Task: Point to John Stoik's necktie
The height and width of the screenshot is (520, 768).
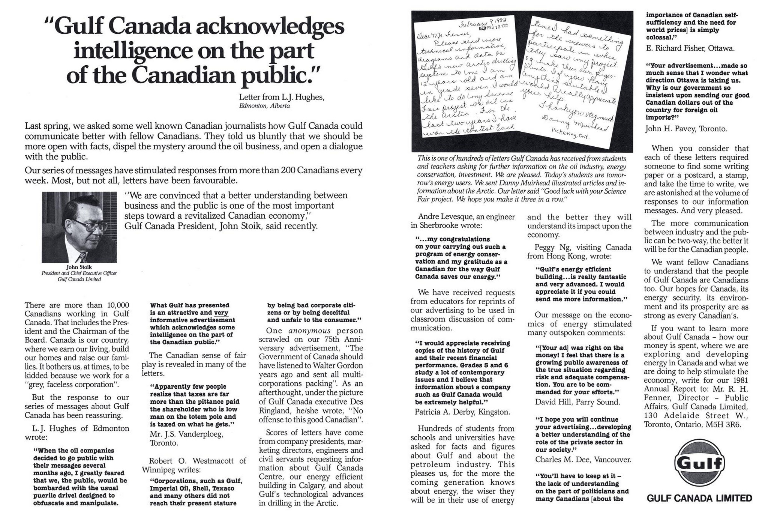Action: point(83,257)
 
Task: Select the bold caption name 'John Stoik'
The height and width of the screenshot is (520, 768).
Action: point(79,267)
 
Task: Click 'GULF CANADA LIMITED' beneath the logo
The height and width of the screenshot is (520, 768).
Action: point(699,498)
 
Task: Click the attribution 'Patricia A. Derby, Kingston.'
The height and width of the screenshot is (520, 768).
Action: point(462,412)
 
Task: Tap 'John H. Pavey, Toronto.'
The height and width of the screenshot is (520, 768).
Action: point(686,129)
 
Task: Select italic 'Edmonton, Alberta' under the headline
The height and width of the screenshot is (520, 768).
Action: point(264,106)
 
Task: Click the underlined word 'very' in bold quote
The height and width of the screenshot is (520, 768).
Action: point(221,313)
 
